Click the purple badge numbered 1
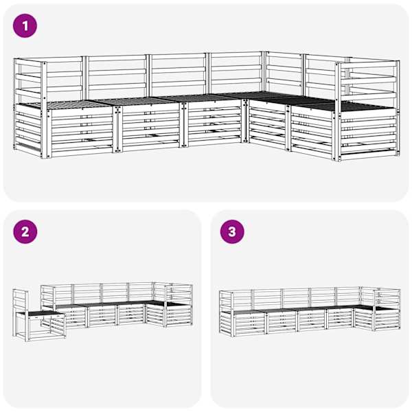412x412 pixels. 25,26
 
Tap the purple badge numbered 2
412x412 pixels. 25,232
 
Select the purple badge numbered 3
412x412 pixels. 232,232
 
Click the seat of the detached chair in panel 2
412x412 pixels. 43,313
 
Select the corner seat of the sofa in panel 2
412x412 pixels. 155,303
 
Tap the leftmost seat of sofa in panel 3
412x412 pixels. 249,312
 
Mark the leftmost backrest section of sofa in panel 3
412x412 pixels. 242,300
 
